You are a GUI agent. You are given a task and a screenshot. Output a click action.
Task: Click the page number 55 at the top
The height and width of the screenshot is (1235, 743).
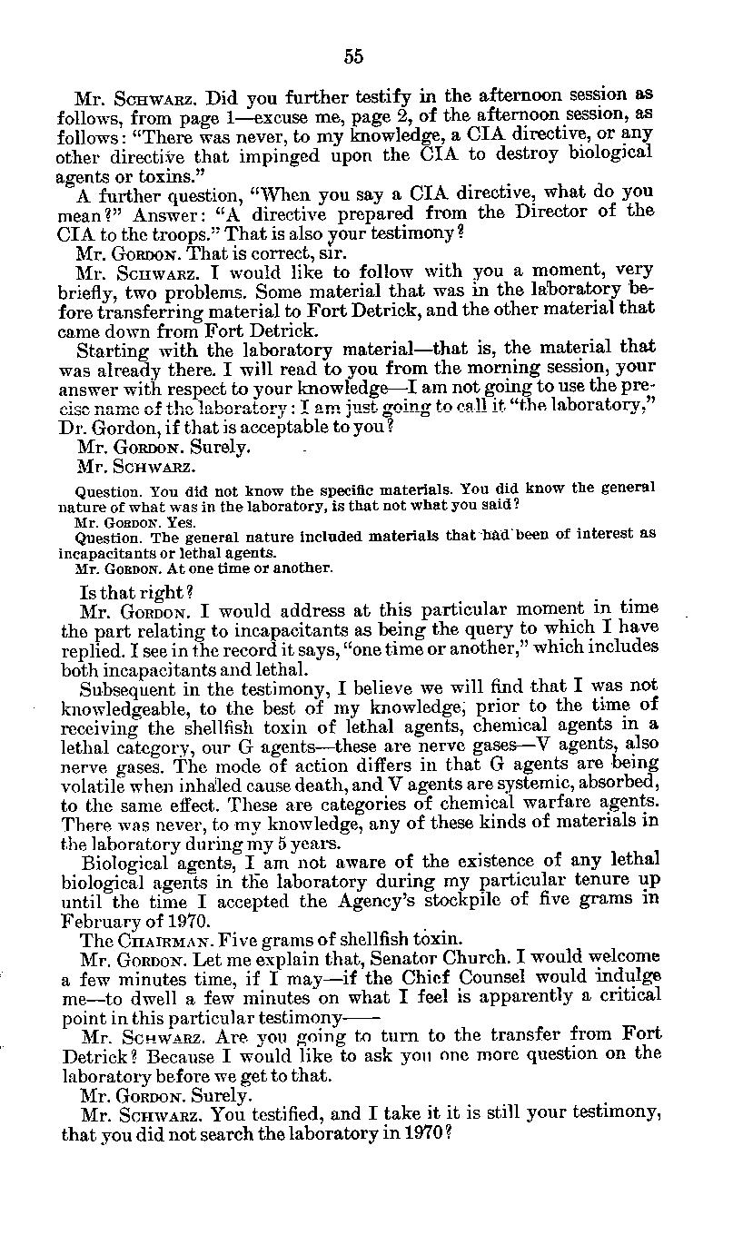(353, 56)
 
